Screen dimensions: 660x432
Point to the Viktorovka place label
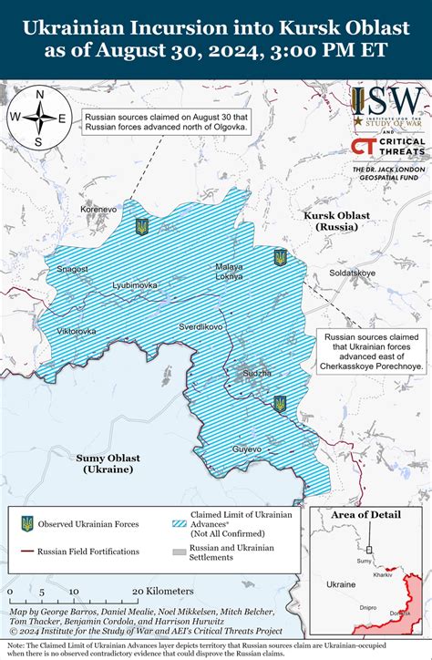76,330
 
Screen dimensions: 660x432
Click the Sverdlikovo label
201,325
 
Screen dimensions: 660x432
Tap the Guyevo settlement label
247,449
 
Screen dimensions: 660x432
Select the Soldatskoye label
352,273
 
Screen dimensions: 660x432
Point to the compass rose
38,118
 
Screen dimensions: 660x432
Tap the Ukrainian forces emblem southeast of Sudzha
280,402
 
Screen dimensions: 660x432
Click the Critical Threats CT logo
362,148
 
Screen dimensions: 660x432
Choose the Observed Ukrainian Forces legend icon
28,523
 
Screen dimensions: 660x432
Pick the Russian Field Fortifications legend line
28,552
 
